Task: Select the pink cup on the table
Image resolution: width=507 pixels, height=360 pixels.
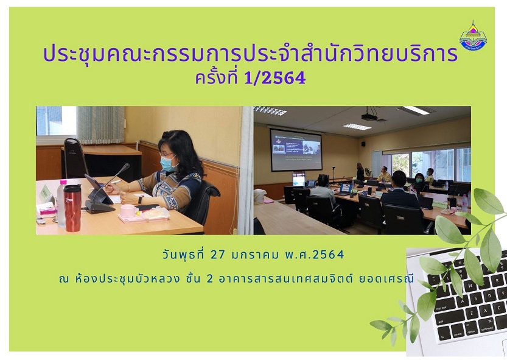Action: pyautogui.click(x=128, y=211)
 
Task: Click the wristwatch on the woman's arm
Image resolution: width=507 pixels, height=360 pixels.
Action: pyautogui.click(x=140, y=199)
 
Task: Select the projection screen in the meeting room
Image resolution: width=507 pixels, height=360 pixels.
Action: pyautogui.click(x=296, y=150)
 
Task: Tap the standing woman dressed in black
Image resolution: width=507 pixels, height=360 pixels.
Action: pyautogui.click(x=360, y=172)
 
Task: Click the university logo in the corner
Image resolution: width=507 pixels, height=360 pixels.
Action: pyautogui.click(x=473, y=35)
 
